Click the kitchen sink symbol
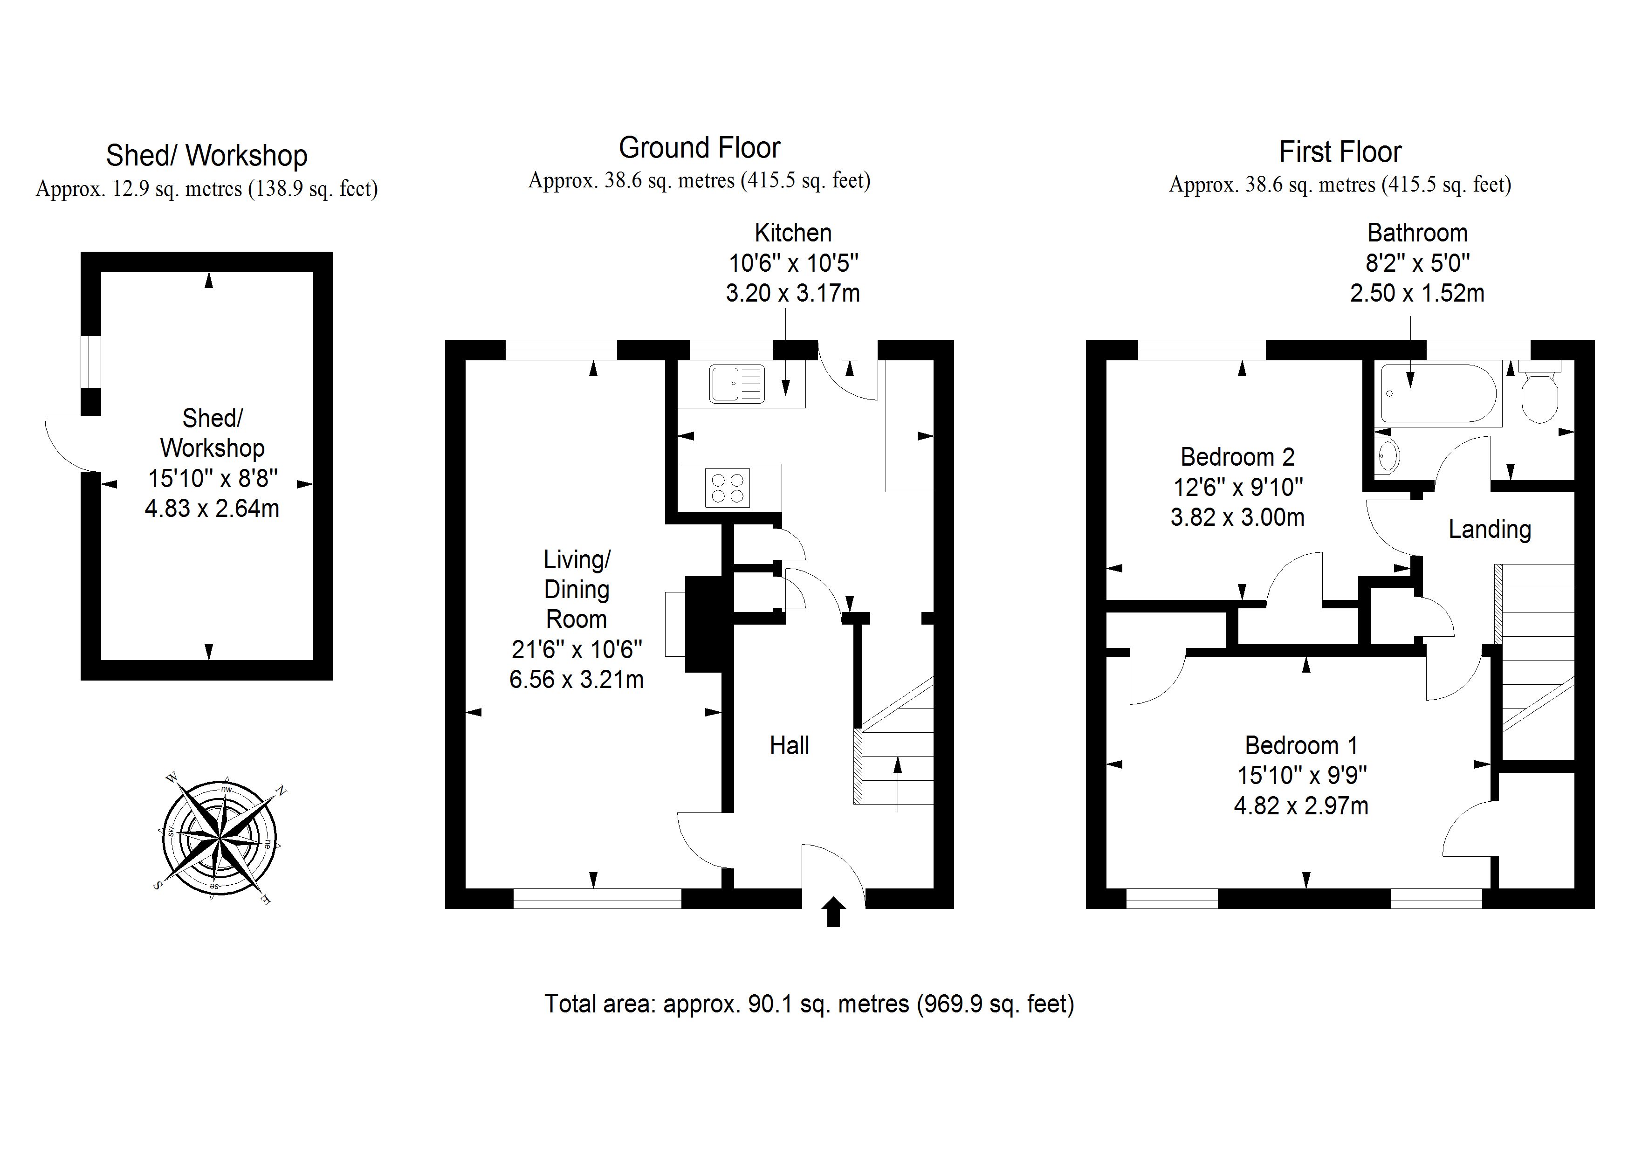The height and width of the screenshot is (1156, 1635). (736, 384)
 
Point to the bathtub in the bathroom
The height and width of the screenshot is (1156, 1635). (1438, 394)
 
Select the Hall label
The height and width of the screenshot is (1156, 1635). (789, 746)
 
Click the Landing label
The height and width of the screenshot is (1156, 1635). (1490, 529)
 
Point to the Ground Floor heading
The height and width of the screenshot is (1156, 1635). (699, 148)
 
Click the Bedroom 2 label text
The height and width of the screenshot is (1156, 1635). (1237, 456)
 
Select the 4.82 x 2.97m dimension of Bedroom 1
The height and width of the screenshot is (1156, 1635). (1301, 805)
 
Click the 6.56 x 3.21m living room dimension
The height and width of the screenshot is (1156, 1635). (576, 680)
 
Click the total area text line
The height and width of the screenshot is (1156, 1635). (809, 1004)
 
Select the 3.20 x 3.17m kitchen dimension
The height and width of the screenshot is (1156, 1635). (793, 293)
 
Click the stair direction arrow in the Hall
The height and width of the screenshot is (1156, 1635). (897, 784)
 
